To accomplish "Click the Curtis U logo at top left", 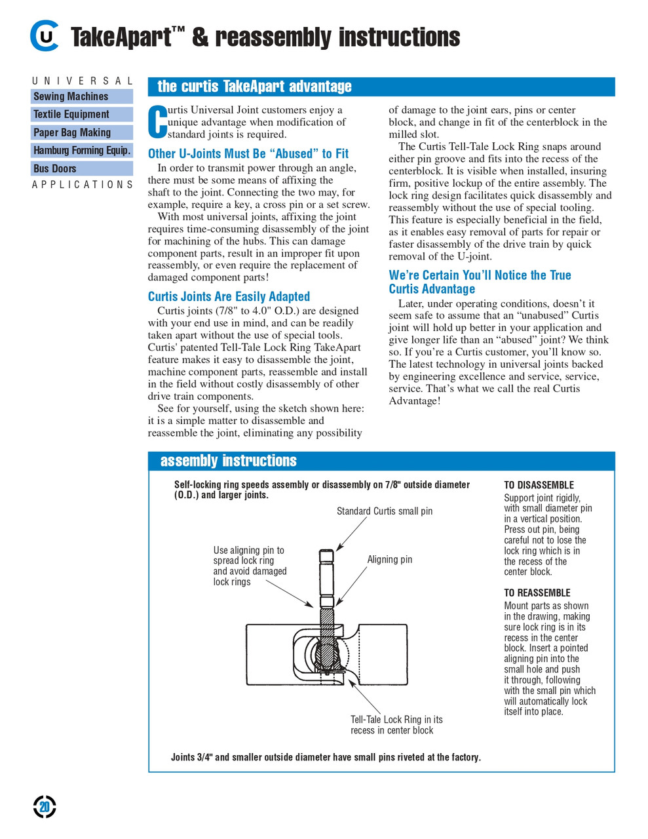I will (x=44, y=37).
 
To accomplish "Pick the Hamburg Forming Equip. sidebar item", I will (x=82, y=150).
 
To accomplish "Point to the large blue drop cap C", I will (x=157, y=123).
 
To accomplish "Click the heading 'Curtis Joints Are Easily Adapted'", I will (x=229, y=296).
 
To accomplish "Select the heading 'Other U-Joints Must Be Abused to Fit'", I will (x=248, y=153).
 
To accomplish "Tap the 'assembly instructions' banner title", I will (x=228, y=461).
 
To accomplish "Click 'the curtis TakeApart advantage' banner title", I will (x=254, y=87).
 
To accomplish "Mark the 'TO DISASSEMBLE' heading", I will (x=539, y=485).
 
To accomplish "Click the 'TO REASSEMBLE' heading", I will (x=537, y=593).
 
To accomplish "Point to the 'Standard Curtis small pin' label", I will (x=385, y=511).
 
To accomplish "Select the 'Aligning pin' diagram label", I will (x=389, y=560).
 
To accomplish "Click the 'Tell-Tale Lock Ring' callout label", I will (x=396, y=724).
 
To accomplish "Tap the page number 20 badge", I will (x=45, y=807).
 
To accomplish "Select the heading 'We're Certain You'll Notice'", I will (x=480, y=282).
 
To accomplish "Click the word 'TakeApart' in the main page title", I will (x=121, y=37).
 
